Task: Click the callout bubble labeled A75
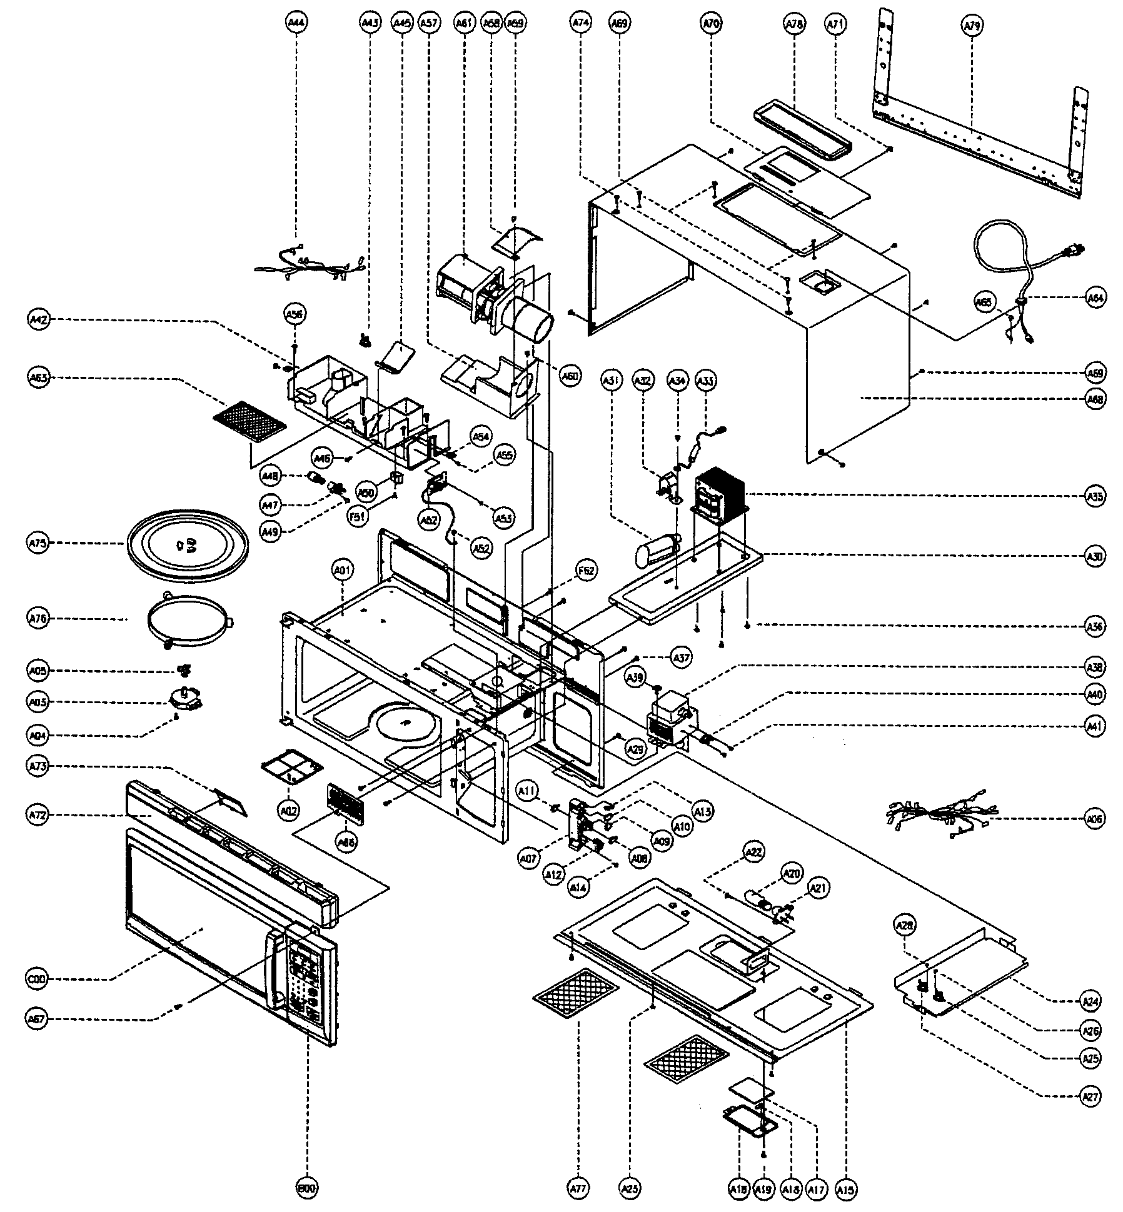38,543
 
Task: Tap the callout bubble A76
38,618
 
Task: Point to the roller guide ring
189,621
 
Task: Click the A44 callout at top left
296,23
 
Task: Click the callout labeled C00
38,979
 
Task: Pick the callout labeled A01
342,569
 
